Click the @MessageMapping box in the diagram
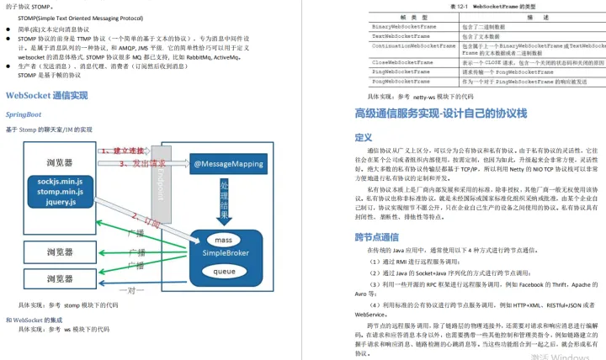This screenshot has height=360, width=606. (230, 164)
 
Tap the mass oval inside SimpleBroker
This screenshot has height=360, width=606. (224, 217)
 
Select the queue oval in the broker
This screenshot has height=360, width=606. (224, 272)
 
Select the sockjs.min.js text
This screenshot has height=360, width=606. (58, 180)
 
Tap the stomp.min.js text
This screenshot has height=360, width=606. (58, 191)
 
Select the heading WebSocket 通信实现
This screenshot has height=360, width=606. (46, 95)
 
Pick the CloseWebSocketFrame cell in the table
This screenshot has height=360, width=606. (402, 62)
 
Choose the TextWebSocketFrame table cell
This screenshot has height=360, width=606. (401, 36)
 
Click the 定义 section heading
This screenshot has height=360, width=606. (364, 137)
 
